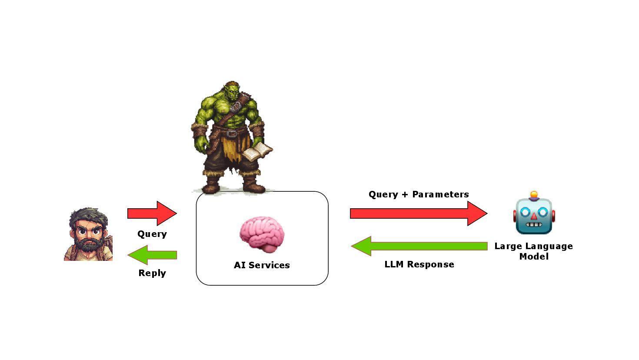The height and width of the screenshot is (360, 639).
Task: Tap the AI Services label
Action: point(262,265)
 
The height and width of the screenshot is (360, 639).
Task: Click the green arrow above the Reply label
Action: point(152,255)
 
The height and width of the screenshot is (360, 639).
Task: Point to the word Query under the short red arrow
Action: point(152,234)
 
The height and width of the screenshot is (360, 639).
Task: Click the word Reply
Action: point(152,273)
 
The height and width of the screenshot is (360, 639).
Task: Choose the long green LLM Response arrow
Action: point(419,246)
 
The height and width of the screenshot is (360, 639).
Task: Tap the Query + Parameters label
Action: point(419,194)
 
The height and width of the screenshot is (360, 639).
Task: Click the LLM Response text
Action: point(419,264)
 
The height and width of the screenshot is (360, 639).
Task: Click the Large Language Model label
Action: point(533,251)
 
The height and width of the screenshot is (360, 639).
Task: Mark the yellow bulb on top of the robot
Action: point(534,195)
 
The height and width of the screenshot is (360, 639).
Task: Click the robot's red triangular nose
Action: point(534,216)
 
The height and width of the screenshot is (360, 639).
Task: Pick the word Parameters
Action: point(440,194)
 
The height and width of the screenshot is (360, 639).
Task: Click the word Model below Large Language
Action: point(534,257)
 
